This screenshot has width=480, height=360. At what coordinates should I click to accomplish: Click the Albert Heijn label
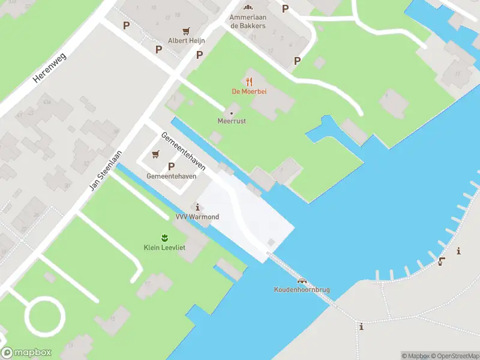[x=187, y=41]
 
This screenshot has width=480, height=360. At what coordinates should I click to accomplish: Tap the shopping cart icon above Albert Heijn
[x=187, y=31]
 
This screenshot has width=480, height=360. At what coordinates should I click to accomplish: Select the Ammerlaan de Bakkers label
[x=248, y=21]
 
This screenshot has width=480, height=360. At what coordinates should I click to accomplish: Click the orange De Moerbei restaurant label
[x=249, y=91]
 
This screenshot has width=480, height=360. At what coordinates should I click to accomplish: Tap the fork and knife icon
[x=249, y=81]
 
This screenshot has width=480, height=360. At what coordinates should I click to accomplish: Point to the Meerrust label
[x=232, y=121]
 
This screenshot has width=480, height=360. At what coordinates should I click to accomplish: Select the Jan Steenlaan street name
[x=106, y=170]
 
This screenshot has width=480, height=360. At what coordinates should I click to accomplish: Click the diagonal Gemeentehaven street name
[x=183, y=151]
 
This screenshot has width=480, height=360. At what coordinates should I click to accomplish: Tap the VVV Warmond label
[x=197, y=217]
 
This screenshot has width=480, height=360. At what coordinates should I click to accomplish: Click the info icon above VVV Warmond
[x=198, y=207]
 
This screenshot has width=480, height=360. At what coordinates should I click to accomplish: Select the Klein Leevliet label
[x=164, y=247]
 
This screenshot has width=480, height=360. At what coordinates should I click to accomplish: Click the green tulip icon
[x=164, y=237]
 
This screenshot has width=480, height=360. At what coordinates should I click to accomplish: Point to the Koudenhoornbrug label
[x=302, y=290]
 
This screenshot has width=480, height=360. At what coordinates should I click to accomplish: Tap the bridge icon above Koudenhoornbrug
[x=302, y=281]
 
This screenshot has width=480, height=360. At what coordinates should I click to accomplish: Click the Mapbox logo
[x=26, y=353]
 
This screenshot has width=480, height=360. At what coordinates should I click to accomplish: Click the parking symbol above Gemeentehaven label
[x=172, y=166]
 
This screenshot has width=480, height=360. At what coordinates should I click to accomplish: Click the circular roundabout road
[x=44, y=316]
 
